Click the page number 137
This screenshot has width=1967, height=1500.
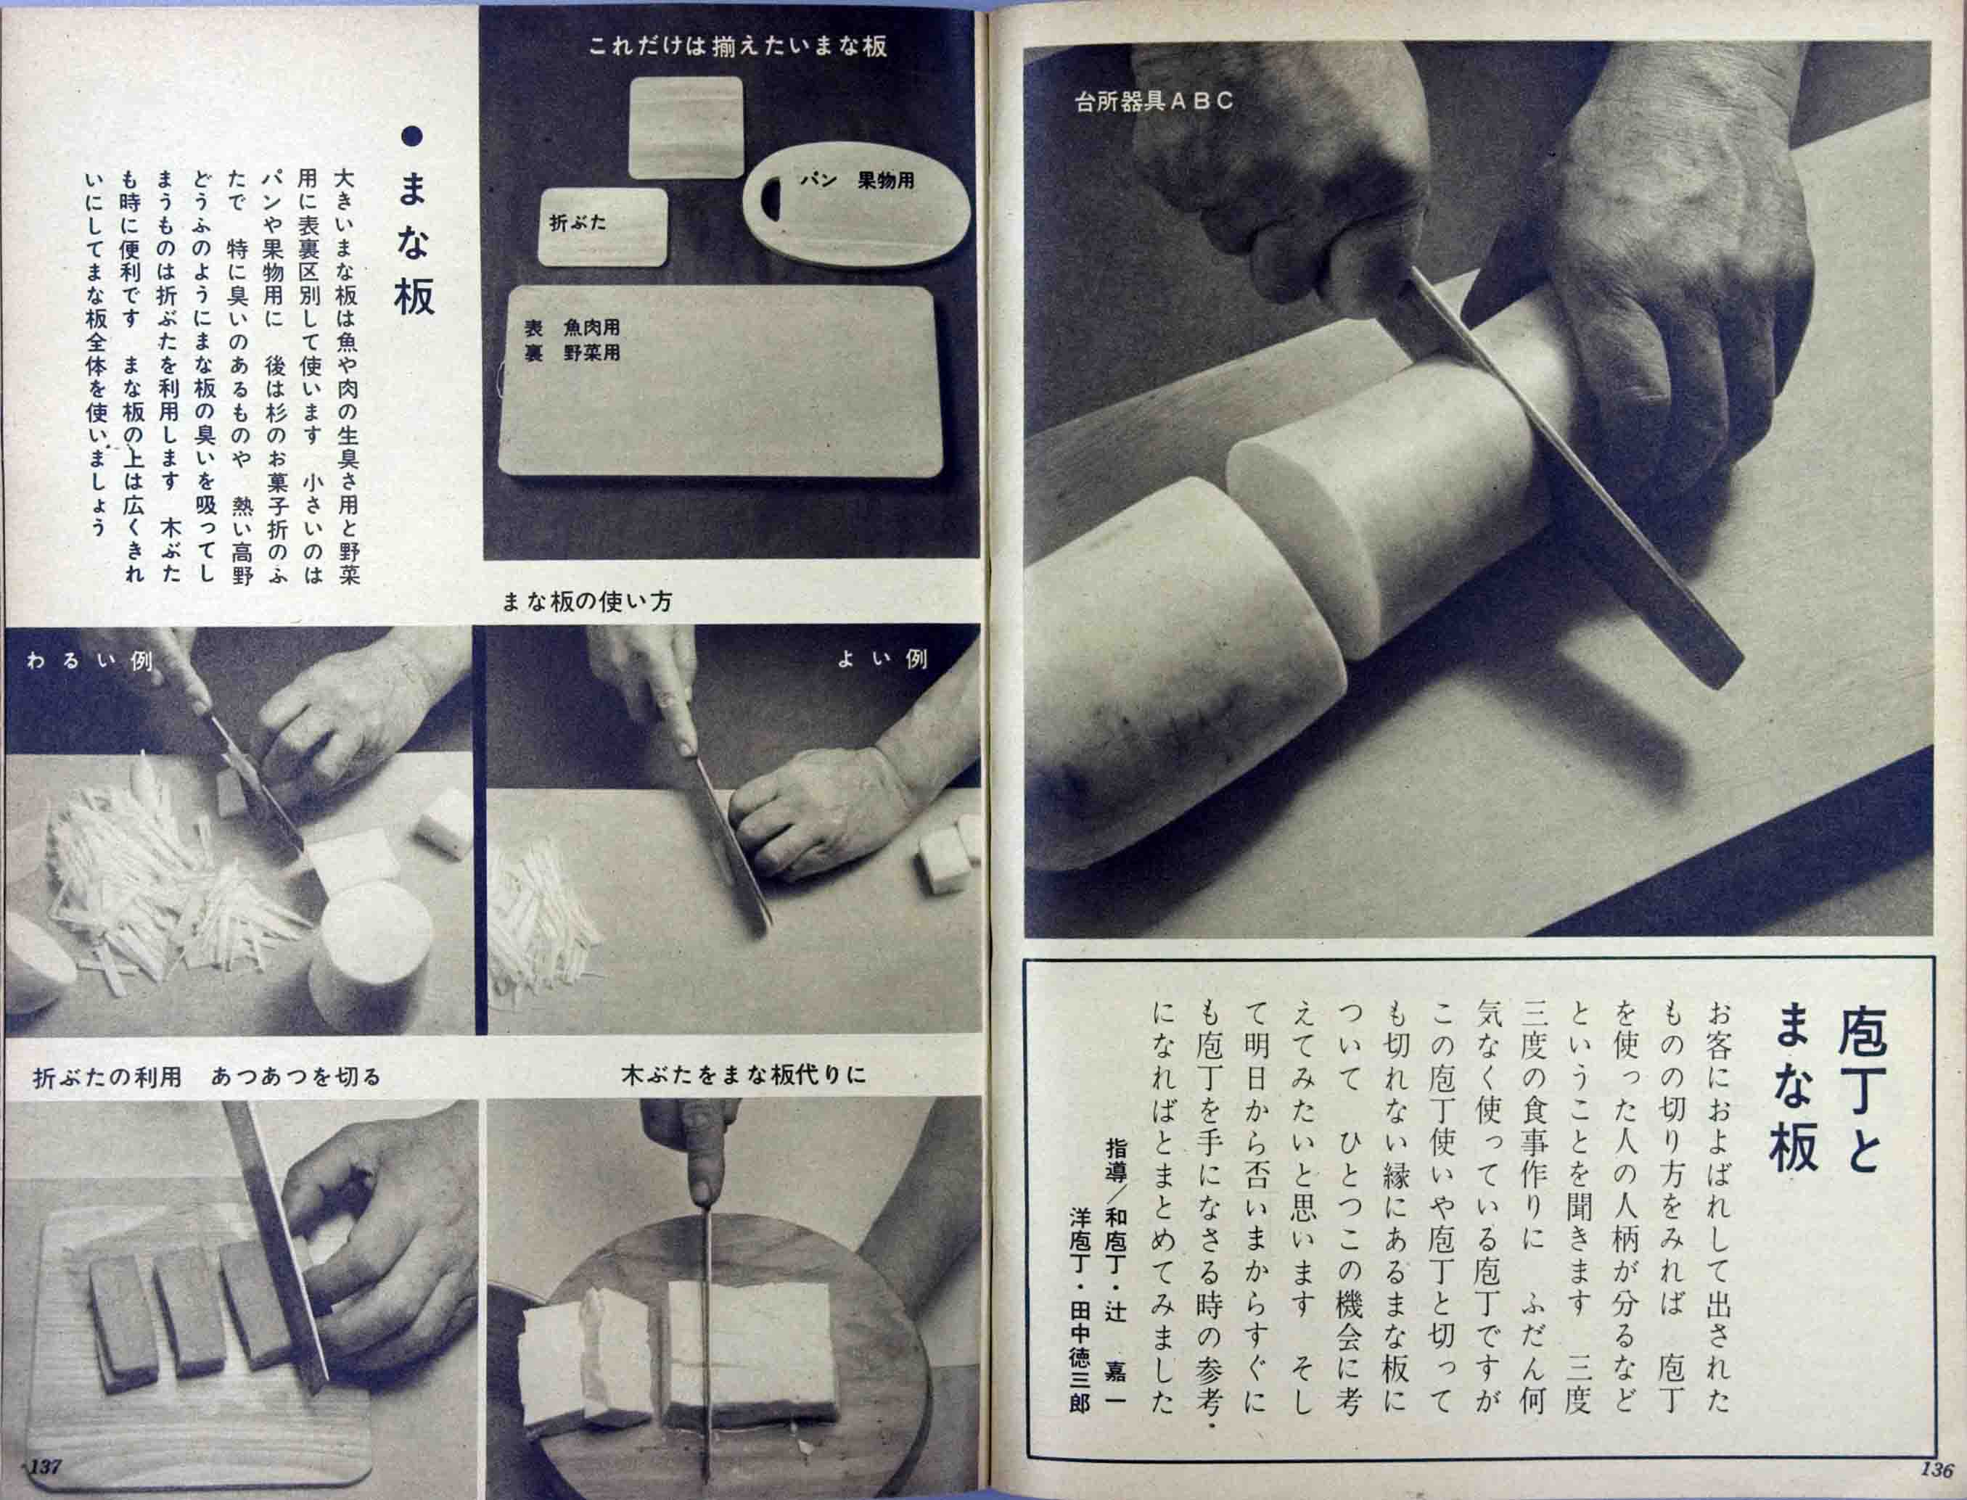coord(45,1466)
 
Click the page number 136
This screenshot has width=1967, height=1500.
coord(1937,1470)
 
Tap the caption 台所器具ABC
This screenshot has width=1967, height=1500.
coord(1154,101)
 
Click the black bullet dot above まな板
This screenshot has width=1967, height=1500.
coord(411,136)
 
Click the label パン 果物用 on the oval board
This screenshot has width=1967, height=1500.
coord(856,181)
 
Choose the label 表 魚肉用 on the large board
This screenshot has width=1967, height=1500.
coord(572,328)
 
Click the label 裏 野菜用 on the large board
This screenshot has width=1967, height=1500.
coord(572,353)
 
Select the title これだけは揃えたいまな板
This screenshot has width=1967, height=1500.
coord(737,46)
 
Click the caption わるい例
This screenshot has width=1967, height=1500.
coord(89,662)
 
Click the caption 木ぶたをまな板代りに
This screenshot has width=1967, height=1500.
coord(744,1075)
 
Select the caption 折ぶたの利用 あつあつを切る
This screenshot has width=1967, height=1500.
coord(207,1078)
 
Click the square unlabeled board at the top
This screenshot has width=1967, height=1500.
coord(686,127)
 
